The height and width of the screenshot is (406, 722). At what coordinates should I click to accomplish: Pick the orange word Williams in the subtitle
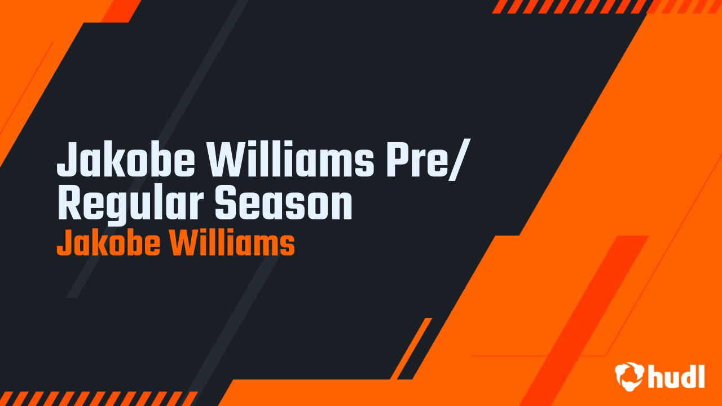pyautogui.click(x=232, y=244)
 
